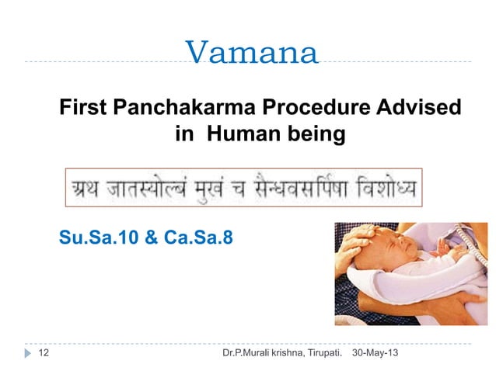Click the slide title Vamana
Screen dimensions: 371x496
click(252, 53)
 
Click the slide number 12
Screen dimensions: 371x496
click(44, 354)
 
